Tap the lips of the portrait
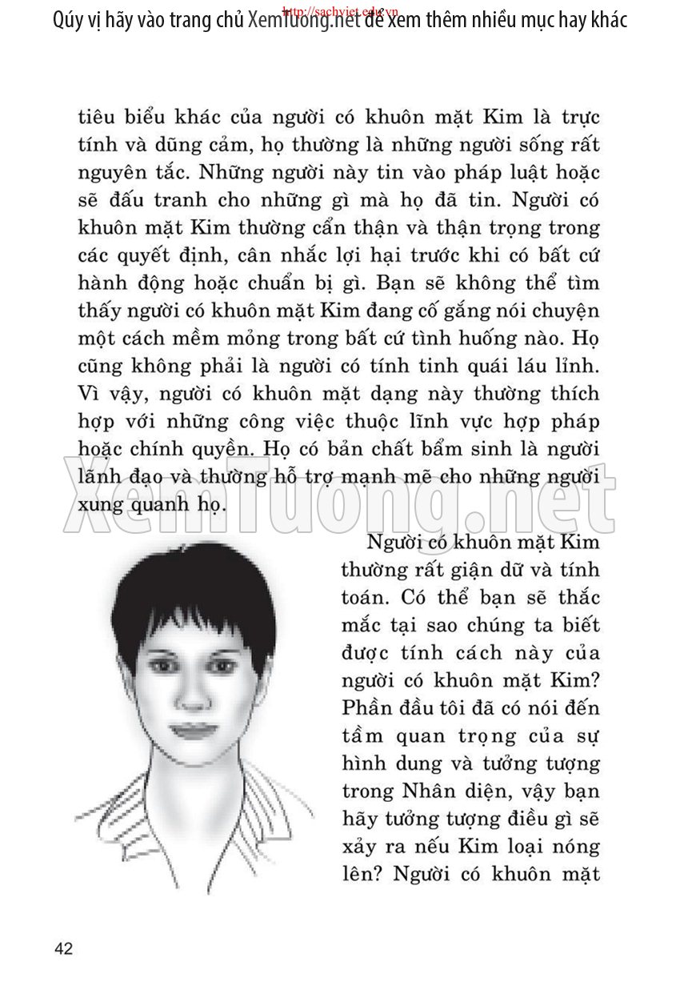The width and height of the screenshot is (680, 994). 190,729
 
